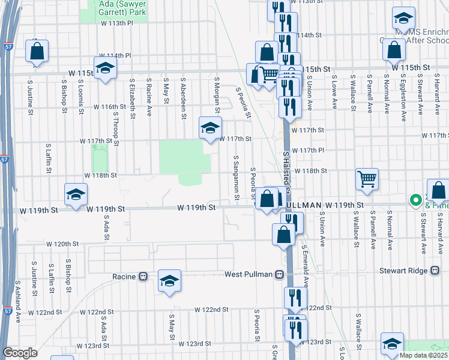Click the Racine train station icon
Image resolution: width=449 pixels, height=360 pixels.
point(143,277)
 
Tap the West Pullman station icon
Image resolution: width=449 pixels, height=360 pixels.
point(279,275)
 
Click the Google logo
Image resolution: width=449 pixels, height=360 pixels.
point(20,353)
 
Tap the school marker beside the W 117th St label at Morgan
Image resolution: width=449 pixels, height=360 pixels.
point(209,128)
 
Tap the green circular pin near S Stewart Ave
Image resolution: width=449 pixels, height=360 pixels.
point(414,200)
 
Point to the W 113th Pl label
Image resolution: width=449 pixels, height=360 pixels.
point(116,23)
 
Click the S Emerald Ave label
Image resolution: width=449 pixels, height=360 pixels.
point(305,264)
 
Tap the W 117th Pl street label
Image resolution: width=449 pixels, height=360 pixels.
point(310,150)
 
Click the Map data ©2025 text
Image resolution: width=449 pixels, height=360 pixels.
point(424,355)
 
